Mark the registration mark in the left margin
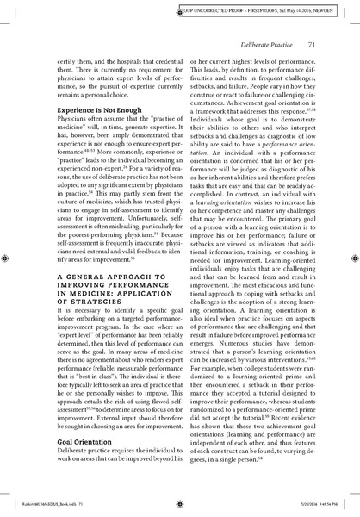pyautogui.click(x=9, y=258)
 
